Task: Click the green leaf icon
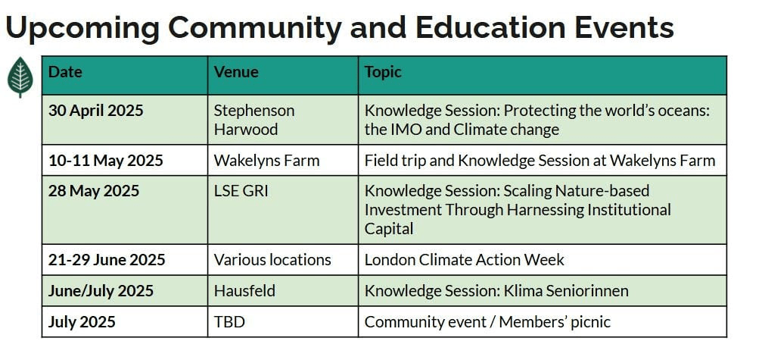(x=20, y=77)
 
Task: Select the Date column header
(x=65, y=72)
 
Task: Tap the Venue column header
(x=236, y=72)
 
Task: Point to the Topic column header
(x=383, y=73)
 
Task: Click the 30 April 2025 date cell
(x=96, y=111)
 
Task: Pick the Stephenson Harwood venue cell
(x=254, y=120)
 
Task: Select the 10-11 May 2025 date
(x=106, y=160)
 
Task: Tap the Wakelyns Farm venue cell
(x=267, y=161)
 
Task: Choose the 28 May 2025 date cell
(x=94, y=191)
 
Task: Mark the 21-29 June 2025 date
(x=107, y=260)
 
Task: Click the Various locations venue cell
(x=272, y=260)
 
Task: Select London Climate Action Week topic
(x=465, y=260)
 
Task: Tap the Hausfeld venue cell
(x=244, y=291)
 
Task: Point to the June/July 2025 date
(x=101, y=291)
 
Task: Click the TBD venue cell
(x=229, y=322)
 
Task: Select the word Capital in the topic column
(x=389, y=229)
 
